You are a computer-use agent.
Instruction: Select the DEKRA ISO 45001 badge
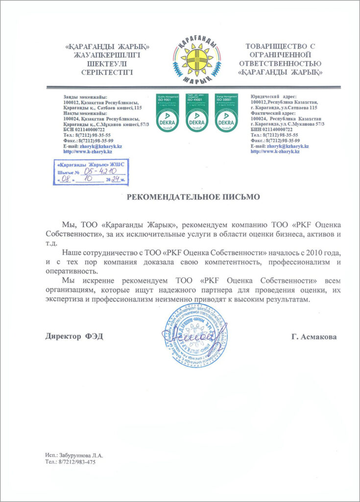(x=196, y=113)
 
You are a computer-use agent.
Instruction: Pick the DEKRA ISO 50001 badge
(x=226, y=113)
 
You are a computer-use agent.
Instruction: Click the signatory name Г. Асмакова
(x=313, y=337)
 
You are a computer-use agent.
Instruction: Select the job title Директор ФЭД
(x=74, y=337)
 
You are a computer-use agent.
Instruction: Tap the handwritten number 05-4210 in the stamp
(x=99, y=172)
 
